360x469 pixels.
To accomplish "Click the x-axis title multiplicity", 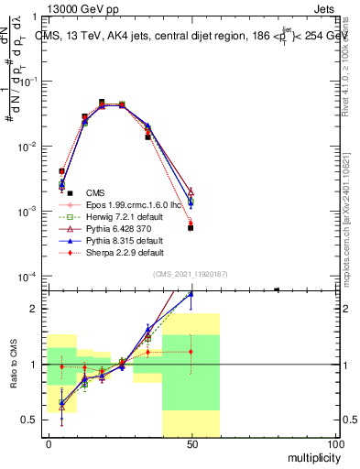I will tap(309, 457).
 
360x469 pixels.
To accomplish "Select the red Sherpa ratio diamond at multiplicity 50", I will tap(191, 351).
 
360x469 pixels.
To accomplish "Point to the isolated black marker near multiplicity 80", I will tap(277, 289).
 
